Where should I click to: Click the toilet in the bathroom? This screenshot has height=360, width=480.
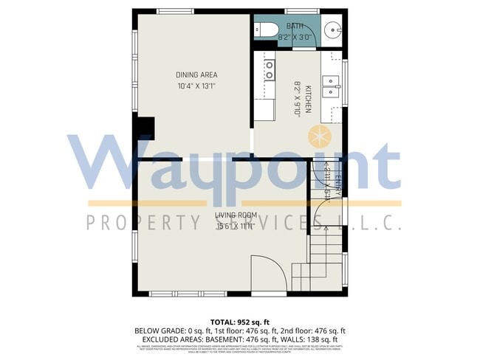tap(265, 30)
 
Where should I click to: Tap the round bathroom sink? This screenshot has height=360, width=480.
tap(332, 31)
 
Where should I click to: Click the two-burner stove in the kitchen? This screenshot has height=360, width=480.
tap(270, 69)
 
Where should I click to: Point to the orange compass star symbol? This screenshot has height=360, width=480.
tap(319, 136)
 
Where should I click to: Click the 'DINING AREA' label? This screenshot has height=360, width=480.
tap(196, 75)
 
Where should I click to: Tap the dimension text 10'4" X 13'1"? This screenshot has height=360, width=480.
tap(196, 86)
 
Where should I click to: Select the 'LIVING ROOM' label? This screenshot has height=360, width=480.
tap(236, 215)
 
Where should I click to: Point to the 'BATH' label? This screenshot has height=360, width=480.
tap(295, 27)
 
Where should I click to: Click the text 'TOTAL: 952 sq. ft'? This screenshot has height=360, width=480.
tap(239, 322)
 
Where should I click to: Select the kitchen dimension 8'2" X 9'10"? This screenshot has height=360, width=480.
tap(298, 100)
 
